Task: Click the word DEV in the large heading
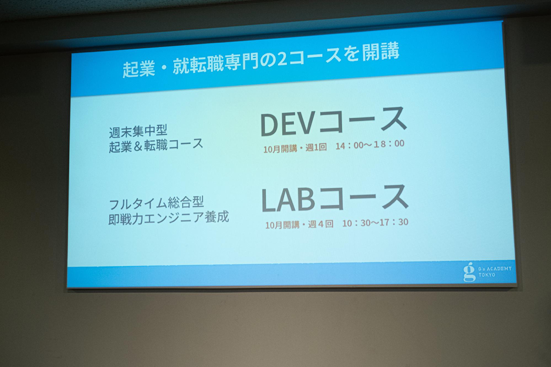pyautogui.click(x=287, y=124)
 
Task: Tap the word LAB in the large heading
pyautogui.click(x=288, y=200)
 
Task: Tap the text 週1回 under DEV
pyautogui.click(x=316, y=147)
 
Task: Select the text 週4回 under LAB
pyautogui.click(x=320, y=224)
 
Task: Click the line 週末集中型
pyautogui.click(x=138, y=132)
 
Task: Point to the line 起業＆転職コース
pyautogui.click(x=156, y=145)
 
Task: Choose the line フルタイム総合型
pyautogui.click(x=156, y=203)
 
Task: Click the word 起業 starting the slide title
pyautogui.click(x=139, y=69)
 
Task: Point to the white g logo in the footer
pyautogui.click(x=469, y=273)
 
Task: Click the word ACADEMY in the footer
pyautogui.click(x=499, y=268)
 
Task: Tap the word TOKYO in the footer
pyautogui.click(x=486, y=275)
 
